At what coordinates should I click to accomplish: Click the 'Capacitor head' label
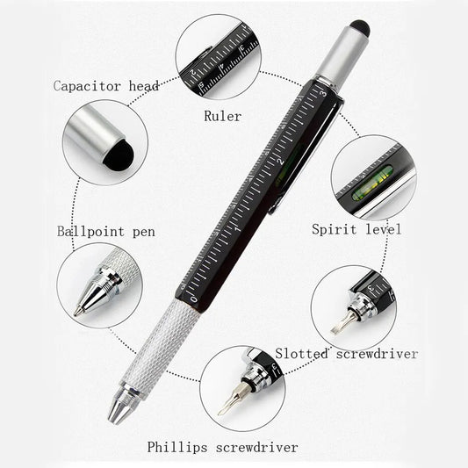(x=106, y=86)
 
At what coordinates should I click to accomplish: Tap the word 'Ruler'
(x=223, y=116)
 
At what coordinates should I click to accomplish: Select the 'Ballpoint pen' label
(x=106, y=232)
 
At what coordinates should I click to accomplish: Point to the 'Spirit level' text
(x=356, y=229)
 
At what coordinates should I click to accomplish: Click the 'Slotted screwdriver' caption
(x=346, y=354)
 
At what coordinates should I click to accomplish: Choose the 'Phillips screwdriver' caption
(x=223, y=447)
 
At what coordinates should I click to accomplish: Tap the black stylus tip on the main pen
(x=360, y=26)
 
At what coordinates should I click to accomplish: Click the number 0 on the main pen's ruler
(x=194, y=299)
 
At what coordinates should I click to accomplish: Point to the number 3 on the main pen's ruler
(x=323, y=94)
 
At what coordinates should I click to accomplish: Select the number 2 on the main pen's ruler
(x=281, y=162)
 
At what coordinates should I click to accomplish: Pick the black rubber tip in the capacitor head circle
(x=119, y=155)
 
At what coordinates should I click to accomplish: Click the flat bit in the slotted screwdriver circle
(x=342, y=323)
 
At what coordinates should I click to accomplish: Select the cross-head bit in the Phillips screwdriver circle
(x=230, y=399)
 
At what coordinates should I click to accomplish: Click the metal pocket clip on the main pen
(x=307, y=155)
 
